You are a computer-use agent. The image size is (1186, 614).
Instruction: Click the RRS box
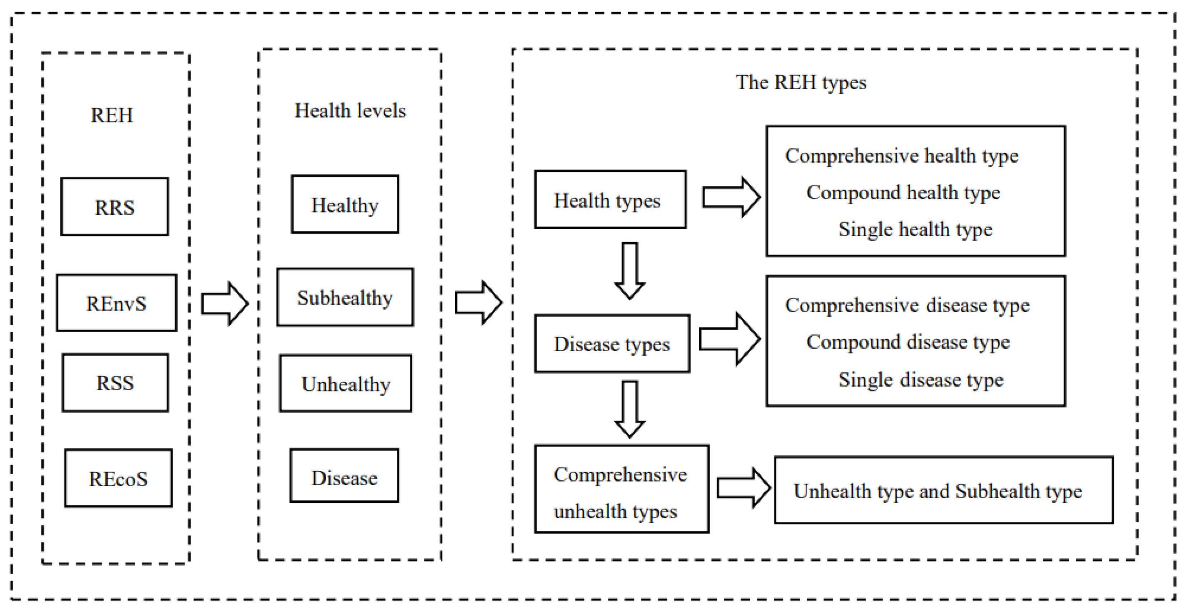point(115,207)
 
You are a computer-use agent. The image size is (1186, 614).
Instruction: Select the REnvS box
point(116,303)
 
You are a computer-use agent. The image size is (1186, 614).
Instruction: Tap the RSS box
point(115,382)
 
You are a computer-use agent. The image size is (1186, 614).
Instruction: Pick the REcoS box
point(118,478)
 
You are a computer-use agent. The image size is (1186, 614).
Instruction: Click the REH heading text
point(112,115)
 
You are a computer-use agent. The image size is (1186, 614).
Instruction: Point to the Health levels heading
point(350,111)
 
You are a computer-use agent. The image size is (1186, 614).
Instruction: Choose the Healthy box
point(345,204)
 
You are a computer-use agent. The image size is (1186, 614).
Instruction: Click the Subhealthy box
point(345,297)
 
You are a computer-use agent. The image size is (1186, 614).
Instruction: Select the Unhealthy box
point(345,383)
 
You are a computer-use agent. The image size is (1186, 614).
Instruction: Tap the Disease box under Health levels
point(344,476)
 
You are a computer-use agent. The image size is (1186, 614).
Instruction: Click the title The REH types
point(801,82)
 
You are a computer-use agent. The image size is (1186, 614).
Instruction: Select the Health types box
point(610,200)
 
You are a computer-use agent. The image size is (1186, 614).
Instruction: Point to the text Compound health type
point(903,192)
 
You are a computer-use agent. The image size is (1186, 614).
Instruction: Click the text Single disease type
point(921,380)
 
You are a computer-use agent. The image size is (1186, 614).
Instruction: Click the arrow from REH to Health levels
point(225,304)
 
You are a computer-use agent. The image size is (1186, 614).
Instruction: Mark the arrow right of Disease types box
point(729,339)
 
